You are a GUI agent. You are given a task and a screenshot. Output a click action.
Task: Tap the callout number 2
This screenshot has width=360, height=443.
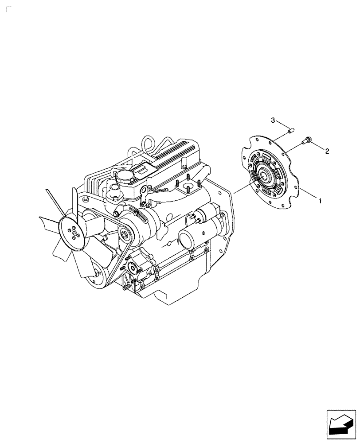tap(327, 152)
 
